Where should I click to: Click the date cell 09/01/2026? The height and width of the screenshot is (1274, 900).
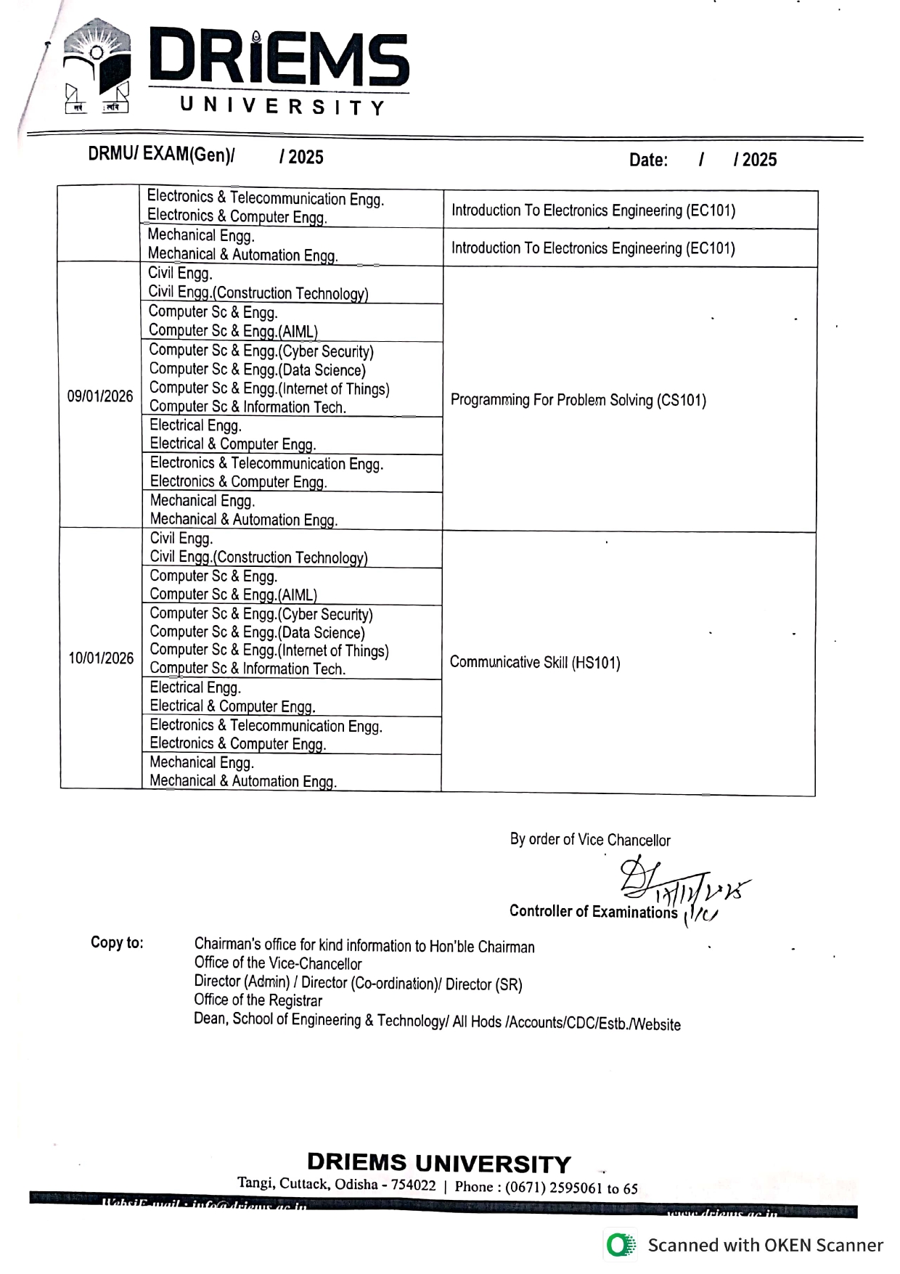click(100, 396)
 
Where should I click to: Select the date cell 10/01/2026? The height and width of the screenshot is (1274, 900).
click(101, 658)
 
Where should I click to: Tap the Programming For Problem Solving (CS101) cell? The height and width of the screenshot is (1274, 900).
click(578, 400)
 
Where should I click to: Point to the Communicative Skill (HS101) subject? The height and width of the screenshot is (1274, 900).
click(535, 662)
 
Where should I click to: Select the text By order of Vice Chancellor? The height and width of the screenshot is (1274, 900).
click(589, 840)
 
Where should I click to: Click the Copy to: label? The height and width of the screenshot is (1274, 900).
click(117, 942)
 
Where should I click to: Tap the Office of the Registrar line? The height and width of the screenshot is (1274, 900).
click(258, 1000)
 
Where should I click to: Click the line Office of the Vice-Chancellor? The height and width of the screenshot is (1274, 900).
click(277, 963)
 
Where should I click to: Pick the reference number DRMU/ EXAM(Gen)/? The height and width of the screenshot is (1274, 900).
click(161, 155)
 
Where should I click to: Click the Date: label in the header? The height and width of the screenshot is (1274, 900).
click(647, 160)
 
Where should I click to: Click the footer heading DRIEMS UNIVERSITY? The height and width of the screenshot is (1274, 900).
click(438, 1163)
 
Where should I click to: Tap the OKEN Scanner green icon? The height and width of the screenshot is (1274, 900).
click(620, 1245)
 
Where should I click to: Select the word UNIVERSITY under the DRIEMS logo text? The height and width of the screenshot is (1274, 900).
click(282, 107)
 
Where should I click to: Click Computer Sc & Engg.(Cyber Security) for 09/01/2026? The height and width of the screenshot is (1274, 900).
click(261, 351)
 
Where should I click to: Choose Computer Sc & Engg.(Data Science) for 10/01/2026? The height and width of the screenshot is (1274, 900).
click(257, 632)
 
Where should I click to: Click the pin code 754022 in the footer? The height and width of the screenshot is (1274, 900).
click(414, 1185)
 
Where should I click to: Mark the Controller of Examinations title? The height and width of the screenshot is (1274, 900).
click(593, 912)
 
